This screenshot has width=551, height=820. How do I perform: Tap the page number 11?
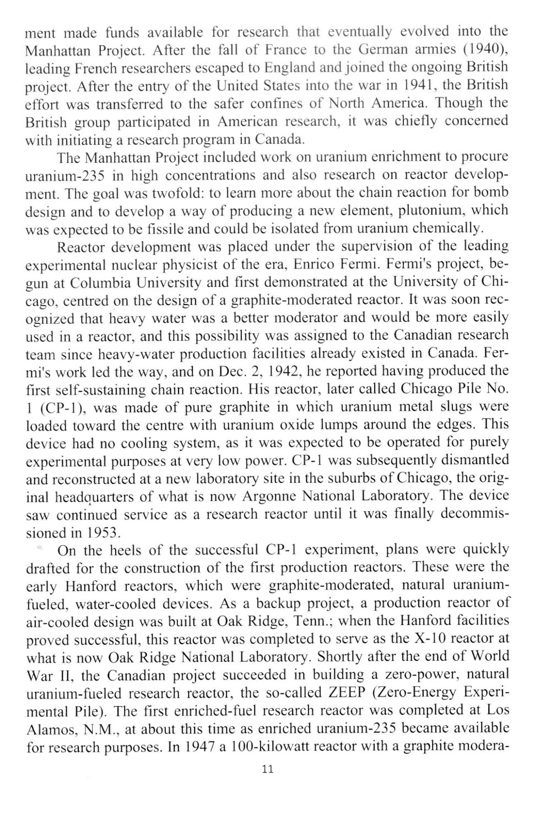click(x=268, y=770)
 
